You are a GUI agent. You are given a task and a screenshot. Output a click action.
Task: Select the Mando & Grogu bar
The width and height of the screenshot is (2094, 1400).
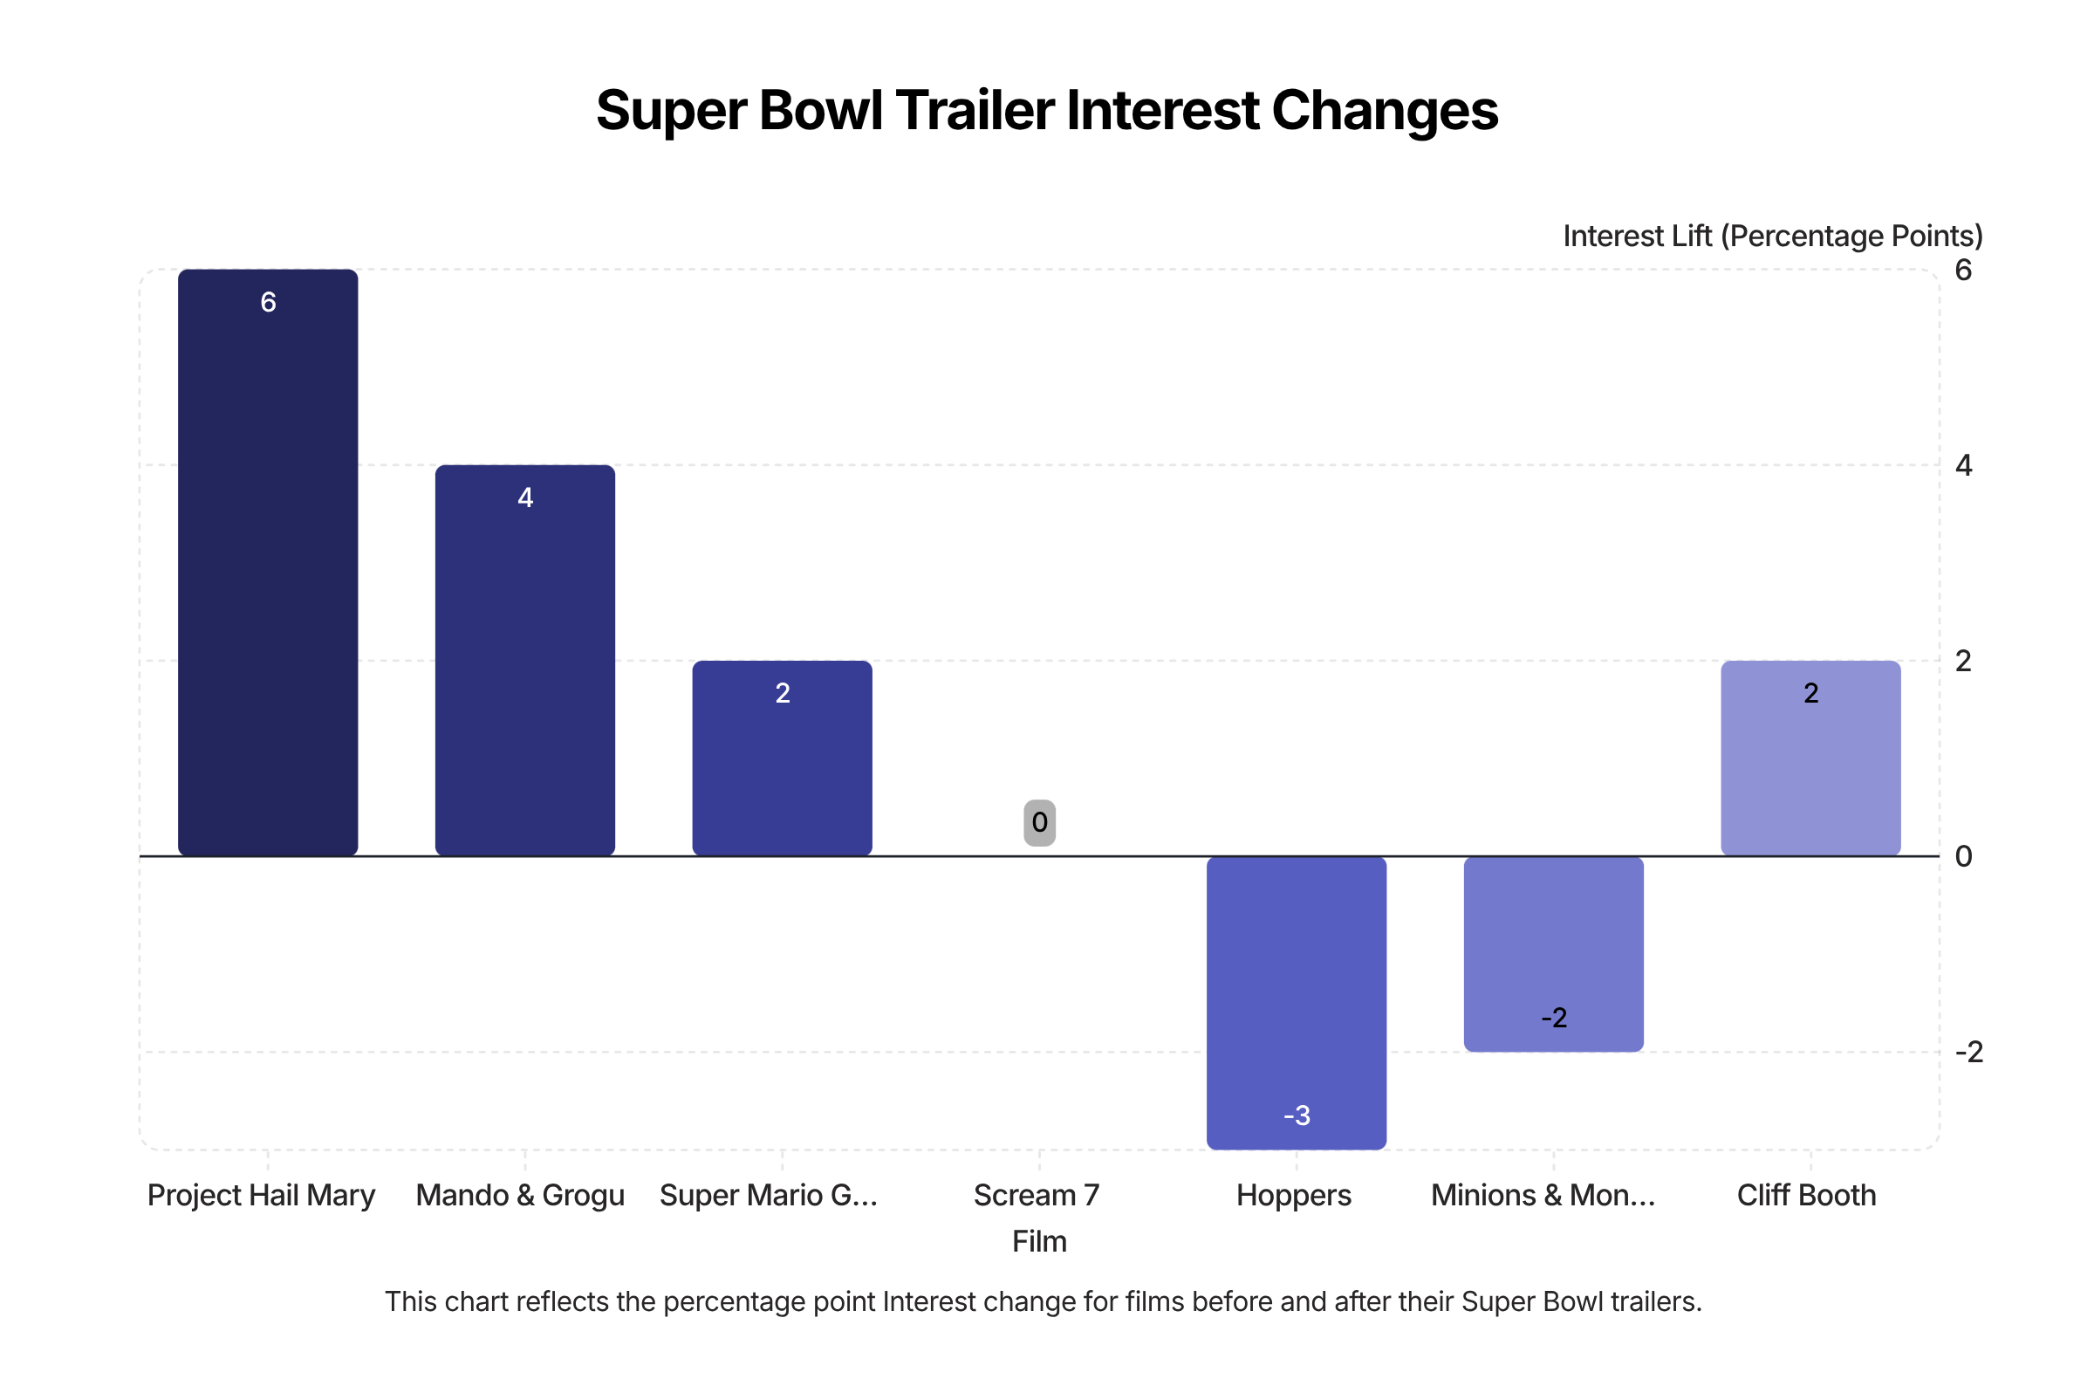click(x=525, y=661)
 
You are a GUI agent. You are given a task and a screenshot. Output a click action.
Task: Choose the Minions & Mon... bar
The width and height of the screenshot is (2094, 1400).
click(x=1553, y=954)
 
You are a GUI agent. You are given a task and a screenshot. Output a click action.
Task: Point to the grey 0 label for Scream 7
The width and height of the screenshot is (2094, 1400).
click(x=1039, y=822)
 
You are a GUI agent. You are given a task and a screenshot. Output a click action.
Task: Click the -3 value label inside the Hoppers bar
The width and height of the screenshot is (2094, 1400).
click(x=1296, y=1115)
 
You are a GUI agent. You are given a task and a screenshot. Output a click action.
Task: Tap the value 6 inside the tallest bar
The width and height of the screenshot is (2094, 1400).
click(x=268, y=302)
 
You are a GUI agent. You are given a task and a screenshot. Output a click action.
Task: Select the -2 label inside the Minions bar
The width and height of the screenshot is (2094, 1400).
click(x=1553, y=1018)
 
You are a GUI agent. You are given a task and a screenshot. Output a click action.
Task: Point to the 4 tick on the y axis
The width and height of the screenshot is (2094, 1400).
click(x=1963, y=465)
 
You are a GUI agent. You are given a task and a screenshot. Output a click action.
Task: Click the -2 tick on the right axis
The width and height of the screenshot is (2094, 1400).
click(x=1968, y=1052)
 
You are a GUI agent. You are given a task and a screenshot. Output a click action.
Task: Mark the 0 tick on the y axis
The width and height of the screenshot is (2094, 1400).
click(x=1963, y=856)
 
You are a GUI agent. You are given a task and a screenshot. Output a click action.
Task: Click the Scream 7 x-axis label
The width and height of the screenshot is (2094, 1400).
click(x=1037, y=1195)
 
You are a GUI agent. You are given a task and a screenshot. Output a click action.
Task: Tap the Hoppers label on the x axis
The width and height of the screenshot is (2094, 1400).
click(x=1293, y=1195)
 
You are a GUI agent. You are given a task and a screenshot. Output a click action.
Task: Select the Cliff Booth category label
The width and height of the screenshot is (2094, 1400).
click(x=1806, y=1195)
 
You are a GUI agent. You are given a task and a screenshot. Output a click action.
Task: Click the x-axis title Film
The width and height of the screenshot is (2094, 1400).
click(x=1039, y=1241)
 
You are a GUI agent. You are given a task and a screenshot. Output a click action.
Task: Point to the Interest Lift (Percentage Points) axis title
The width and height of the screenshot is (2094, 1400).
click(x=1772, y=236)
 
